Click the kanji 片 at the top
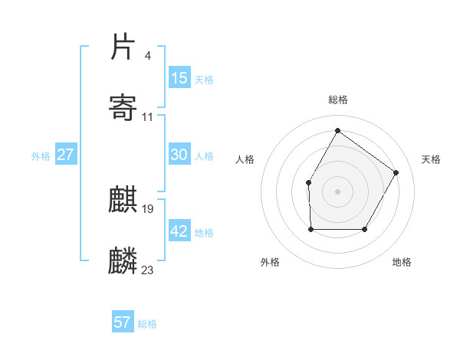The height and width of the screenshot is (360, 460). pyautogui.click(x=123, y=47)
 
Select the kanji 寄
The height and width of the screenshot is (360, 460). pyautogui.click(x=123, y=107)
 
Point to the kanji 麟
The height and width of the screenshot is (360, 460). pyautogui.click(x=123, y=261)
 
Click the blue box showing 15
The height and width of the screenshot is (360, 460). pyautogui.click(x=179, y=78)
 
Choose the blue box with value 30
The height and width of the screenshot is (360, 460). pyautogui.click(x=179, y=155)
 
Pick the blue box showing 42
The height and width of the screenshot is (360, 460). pyautogui.click(x=179, y=231)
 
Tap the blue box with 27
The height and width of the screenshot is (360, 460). pyautogui.click(x=66, y=155)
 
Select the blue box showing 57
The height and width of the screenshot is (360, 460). pyautogui.click(x=123, y=322)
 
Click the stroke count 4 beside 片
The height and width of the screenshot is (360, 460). pyautogui.click(x=147, y=55)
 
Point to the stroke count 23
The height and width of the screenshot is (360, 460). pyautogui.click(x=147, y=270)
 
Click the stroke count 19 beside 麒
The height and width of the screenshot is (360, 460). pyautogui.click(x=148, y=208)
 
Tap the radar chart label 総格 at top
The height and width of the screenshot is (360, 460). pyautogui.click(x=338, y=100)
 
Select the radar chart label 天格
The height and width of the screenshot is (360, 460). pyautogui.click(x=431, y=159)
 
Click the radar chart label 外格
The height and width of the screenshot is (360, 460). pyautogui.click(x=271, y=262)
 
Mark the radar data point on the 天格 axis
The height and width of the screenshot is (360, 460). pyautogui.click(x=396, y=172)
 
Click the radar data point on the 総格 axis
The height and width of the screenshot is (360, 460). pyautogui.click(x=337, y=131)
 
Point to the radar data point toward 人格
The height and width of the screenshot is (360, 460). pyautogui.click(x=308, y=182)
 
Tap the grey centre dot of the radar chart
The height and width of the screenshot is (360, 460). pyautogui.click(x=337, y=191)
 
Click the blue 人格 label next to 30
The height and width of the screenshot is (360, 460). pyautogui.click(x=204, y=155)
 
